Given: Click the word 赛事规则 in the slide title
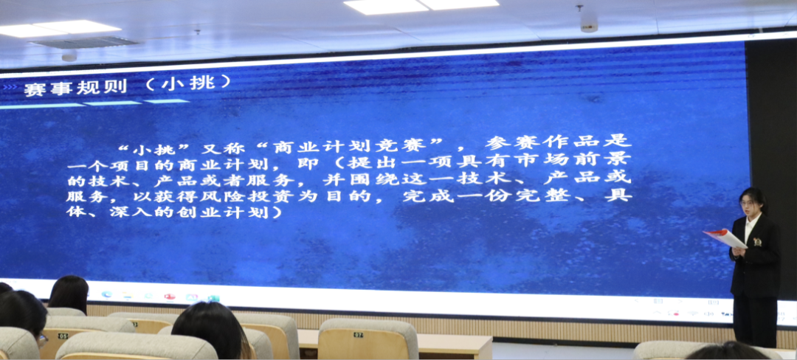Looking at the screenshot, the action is (x=75, y=88).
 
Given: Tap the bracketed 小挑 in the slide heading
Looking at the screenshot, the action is (x=187, y=83).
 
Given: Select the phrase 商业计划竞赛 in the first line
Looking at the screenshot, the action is (x=356, y=146).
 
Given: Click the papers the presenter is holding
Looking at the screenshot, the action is (x=725, y=238).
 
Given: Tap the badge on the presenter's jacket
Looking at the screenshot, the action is (x=757, y=242).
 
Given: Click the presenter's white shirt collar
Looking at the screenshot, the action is (x=751, y=224).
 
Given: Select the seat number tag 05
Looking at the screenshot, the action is (x=63, y=336).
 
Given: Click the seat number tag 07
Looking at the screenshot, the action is (x=359, y=335).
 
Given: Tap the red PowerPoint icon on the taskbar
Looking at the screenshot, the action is (x=170, y=297).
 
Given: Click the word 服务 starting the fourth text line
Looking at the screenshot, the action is (x=81, y=195).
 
